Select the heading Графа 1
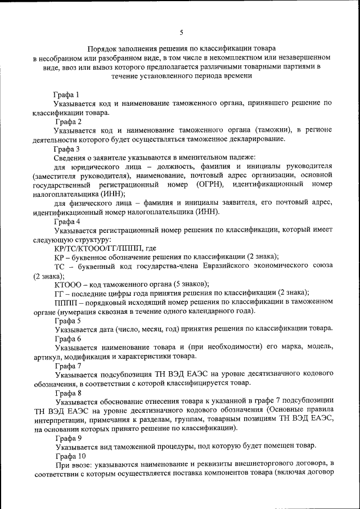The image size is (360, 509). (x=66, y=94)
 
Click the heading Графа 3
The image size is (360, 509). (x=66, y=149)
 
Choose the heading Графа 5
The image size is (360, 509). (x=66, y=320)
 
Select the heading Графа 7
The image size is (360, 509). (x=66, y=366)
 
